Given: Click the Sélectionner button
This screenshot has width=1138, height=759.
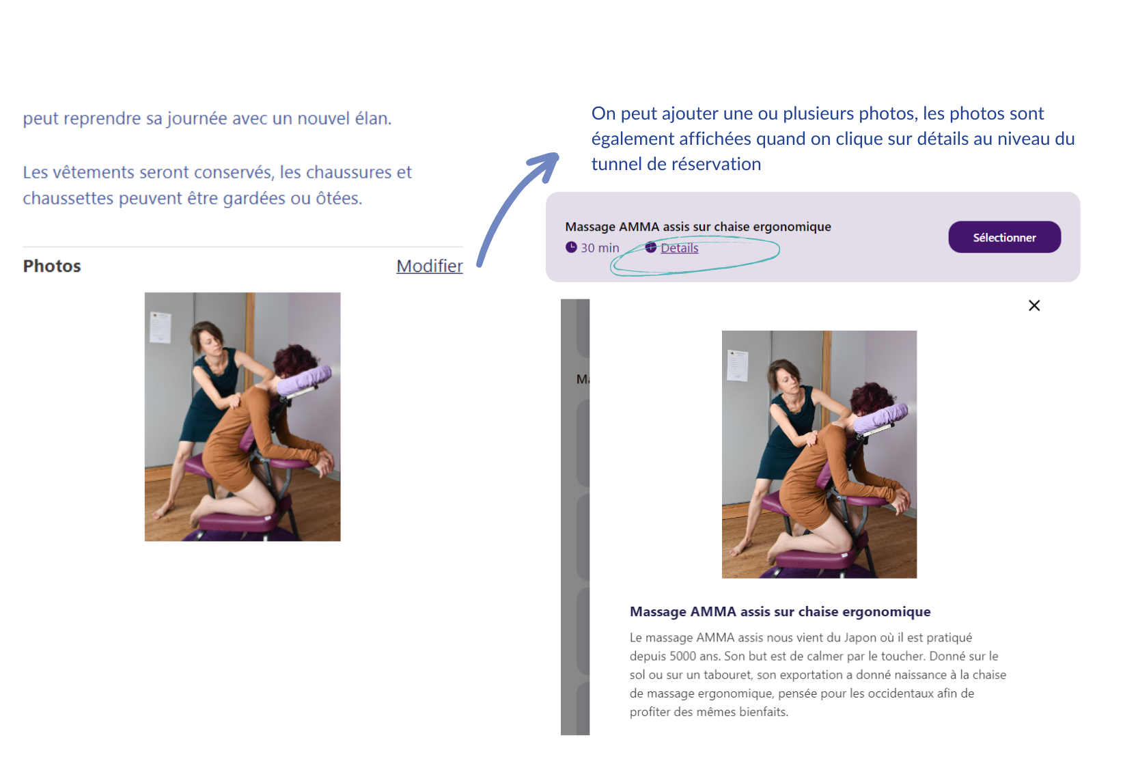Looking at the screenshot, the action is coord(1004,237).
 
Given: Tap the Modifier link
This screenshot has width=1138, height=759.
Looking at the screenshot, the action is coord(429,266).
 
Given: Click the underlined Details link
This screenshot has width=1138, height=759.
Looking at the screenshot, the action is coord(679,248).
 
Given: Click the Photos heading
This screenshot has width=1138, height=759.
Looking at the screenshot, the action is coord(52,266).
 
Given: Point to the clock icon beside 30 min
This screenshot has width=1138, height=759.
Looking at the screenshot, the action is coord(571,247).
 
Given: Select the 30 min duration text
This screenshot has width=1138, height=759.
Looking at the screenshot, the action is coord(600,248).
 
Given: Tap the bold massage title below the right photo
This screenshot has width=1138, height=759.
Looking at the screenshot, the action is coord(780,611).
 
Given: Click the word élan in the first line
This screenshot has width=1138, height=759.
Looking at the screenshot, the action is coord(373,118).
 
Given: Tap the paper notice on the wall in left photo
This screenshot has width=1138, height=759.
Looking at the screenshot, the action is coord(160,327).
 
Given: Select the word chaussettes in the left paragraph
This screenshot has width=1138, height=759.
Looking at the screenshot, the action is coord(68,197).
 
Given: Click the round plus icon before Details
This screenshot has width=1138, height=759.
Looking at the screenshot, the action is coord(651,247).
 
